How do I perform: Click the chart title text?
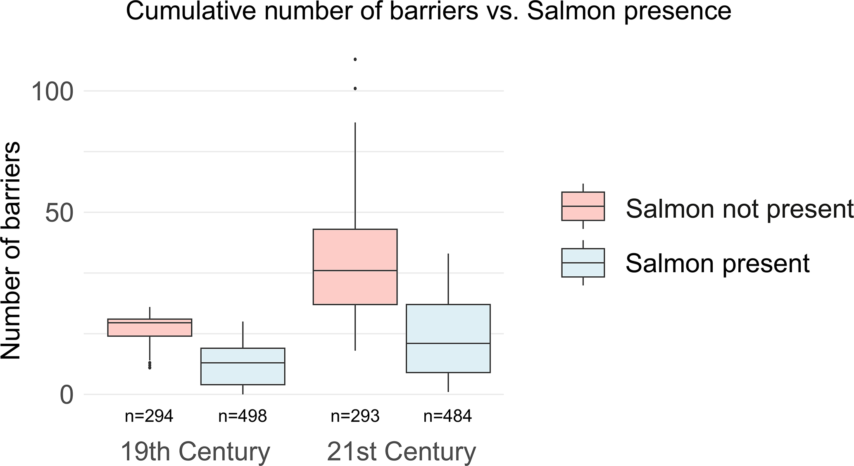[x=428, y=11]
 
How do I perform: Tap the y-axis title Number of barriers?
[x=11, y=251]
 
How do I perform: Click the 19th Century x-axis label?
[x=195, y=452]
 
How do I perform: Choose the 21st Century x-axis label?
[x=401, y=452]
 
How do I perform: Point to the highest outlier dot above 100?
[x=355, y=59]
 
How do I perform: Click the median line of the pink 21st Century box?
[x=355, y=270]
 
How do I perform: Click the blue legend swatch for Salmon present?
[x=583, y=263]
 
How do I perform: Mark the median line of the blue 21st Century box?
[x=448, y=343]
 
